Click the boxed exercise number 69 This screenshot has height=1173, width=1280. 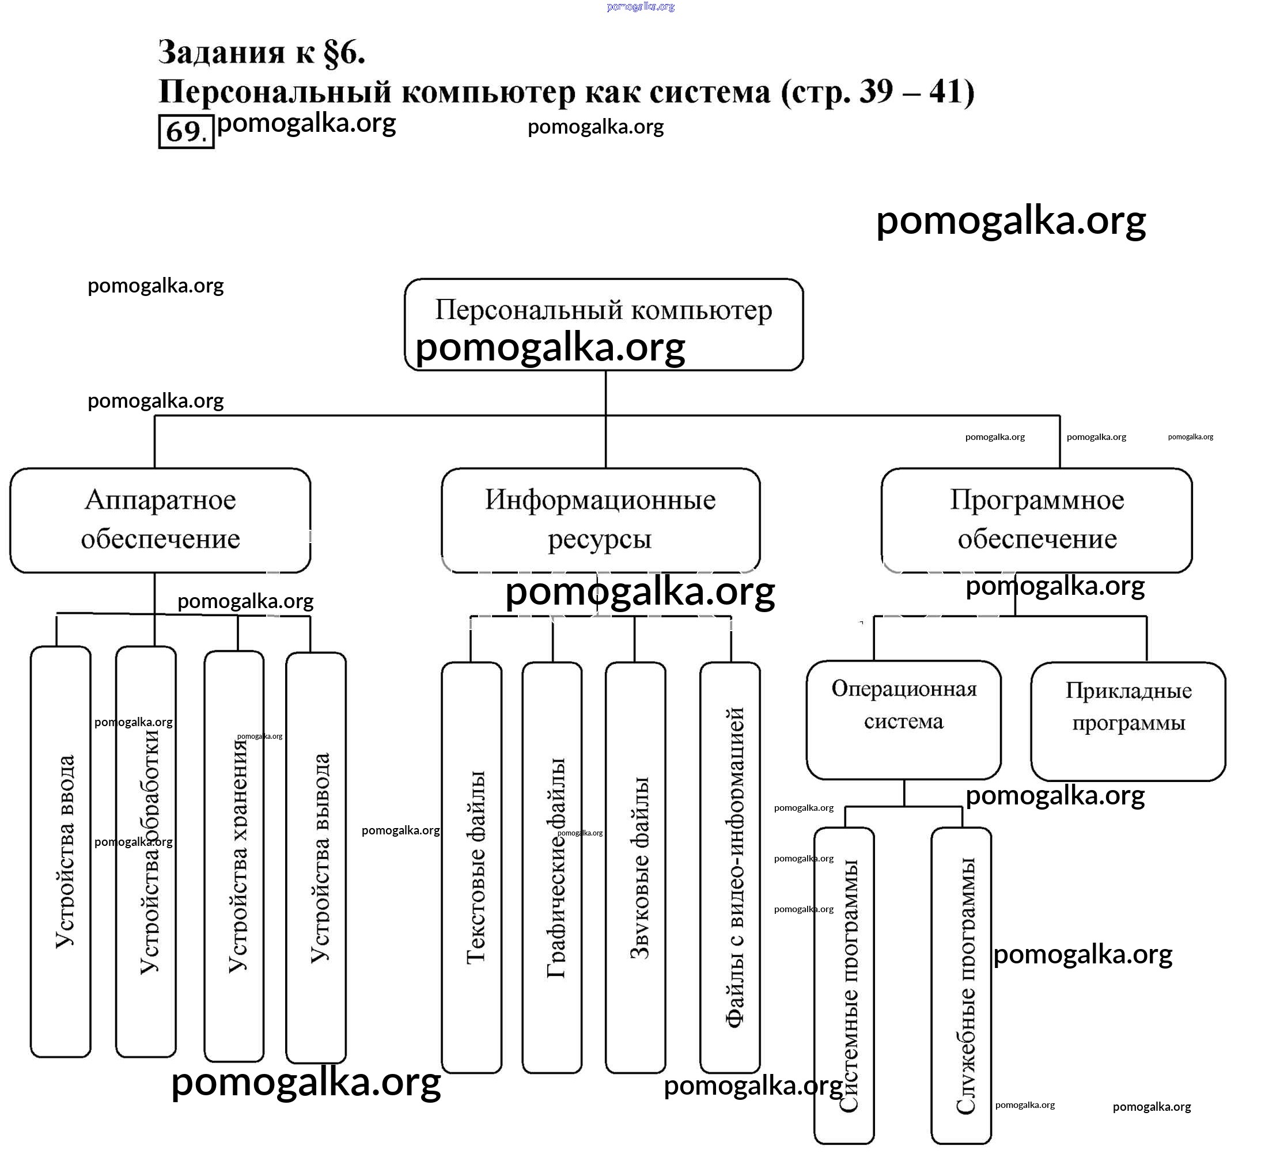[x=185, y=131]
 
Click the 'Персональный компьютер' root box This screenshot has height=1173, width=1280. [x=603, y=324]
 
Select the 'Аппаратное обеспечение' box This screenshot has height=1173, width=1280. [x=160, y=520]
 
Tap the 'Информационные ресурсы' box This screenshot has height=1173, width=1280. [x=600, y=520]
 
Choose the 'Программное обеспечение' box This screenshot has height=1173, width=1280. [x=1036, y=520]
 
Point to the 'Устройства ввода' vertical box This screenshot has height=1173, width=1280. [x=61, y=851]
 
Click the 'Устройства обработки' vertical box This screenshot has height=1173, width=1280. [x=146, y=851]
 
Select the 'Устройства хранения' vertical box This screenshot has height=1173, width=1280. [x=234, y=854]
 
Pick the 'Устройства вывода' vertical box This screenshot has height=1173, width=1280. [x=316, y=857]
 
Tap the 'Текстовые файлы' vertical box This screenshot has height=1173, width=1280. [x=472, y=867]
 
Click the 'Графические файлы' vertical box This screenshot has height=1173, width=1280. [x=552, y=867]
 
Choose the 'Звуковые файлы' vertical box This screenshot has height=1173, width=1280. [x=635, y=867]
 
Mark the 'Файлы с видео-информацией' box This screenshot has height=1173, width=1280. [x=730, y=867]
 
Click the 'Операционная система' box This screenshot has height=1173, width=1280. [x=903, y=720]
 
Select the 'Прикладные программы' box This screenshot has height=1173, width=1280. [x=1128, y=721]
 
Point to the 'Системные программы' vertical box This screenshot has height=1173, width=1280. [x=845, y=984]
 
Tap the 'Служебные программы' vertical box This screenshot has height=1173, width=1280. [x=961, y=984]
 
